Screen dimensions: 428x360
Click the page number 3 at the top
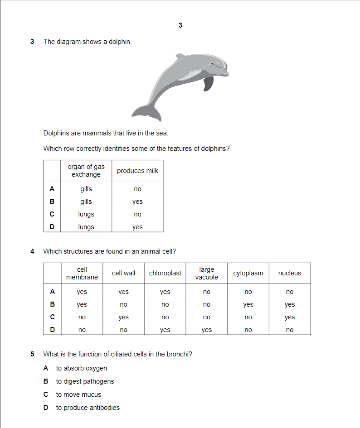click(x=180, y=25)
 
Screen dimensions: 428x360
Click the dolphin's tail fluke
click(x=147, y=112)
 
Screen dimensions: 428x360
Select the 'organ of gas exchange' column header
click(x=86, y=171)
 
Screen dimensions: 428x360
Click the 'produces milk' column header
click(x=137, y=171)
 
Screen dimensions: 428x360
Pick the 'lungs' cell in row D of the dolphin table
click(x=86, y=227)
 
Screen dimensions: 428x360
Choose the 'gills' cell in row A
click(x=86, y=189)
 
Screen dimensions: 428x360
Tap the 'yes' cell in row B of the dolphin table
click(x=137, y=202)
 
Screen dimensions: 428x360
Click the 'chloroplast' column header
click(x=165, y=273)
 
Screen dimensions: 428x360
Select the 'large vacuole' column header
click(x=207, y=273)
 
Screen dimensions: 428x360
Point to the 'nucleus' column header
click(x=290, y=273)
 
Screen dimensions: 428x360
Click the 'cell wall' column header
click(x=123, y=273)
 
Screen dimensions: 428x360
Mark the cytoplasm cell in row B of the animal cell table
click(x=248, y=305)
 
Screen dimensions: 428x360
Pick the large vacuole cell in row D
click(x=207, y=330)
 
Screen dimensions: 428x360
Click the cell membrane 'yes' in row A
click(x=82, y=292)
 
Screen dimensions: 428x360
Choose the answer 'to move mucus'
click(x=78, y=394)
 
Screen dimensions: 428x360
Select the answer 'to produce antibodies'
click(x=88, y=408)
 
